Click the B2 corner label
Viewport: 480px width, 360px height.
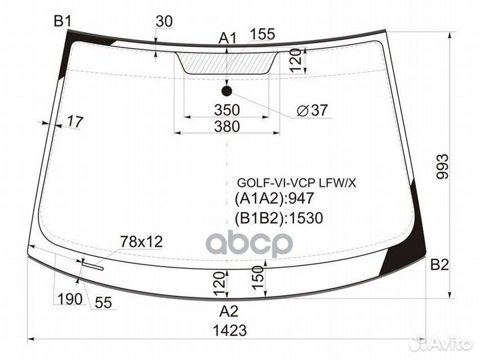tap(439, 265)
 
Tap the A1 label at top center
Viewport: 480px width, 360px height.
tap(228, 39)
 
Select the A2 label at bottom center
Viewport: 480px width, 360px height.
tap(229, 310)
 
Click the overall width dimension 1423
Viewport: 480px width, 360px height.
tap(228, 330)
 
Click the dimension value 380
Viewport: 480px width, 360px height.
tap(227, 125)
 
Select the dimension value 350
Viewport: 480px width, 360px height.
tap(227, 109)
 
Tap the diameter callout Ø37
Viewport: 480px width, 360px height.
tap(311, 111)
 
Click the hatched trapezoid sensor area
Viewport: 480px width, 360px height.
tap(227, 63)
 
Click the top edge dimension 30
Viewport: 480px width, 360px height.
tap(164, 21)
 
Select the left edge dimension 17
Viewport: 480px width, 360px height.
tap(75, 122)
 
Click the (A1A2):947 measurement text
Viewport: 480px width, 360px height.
tap(274, 198)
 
